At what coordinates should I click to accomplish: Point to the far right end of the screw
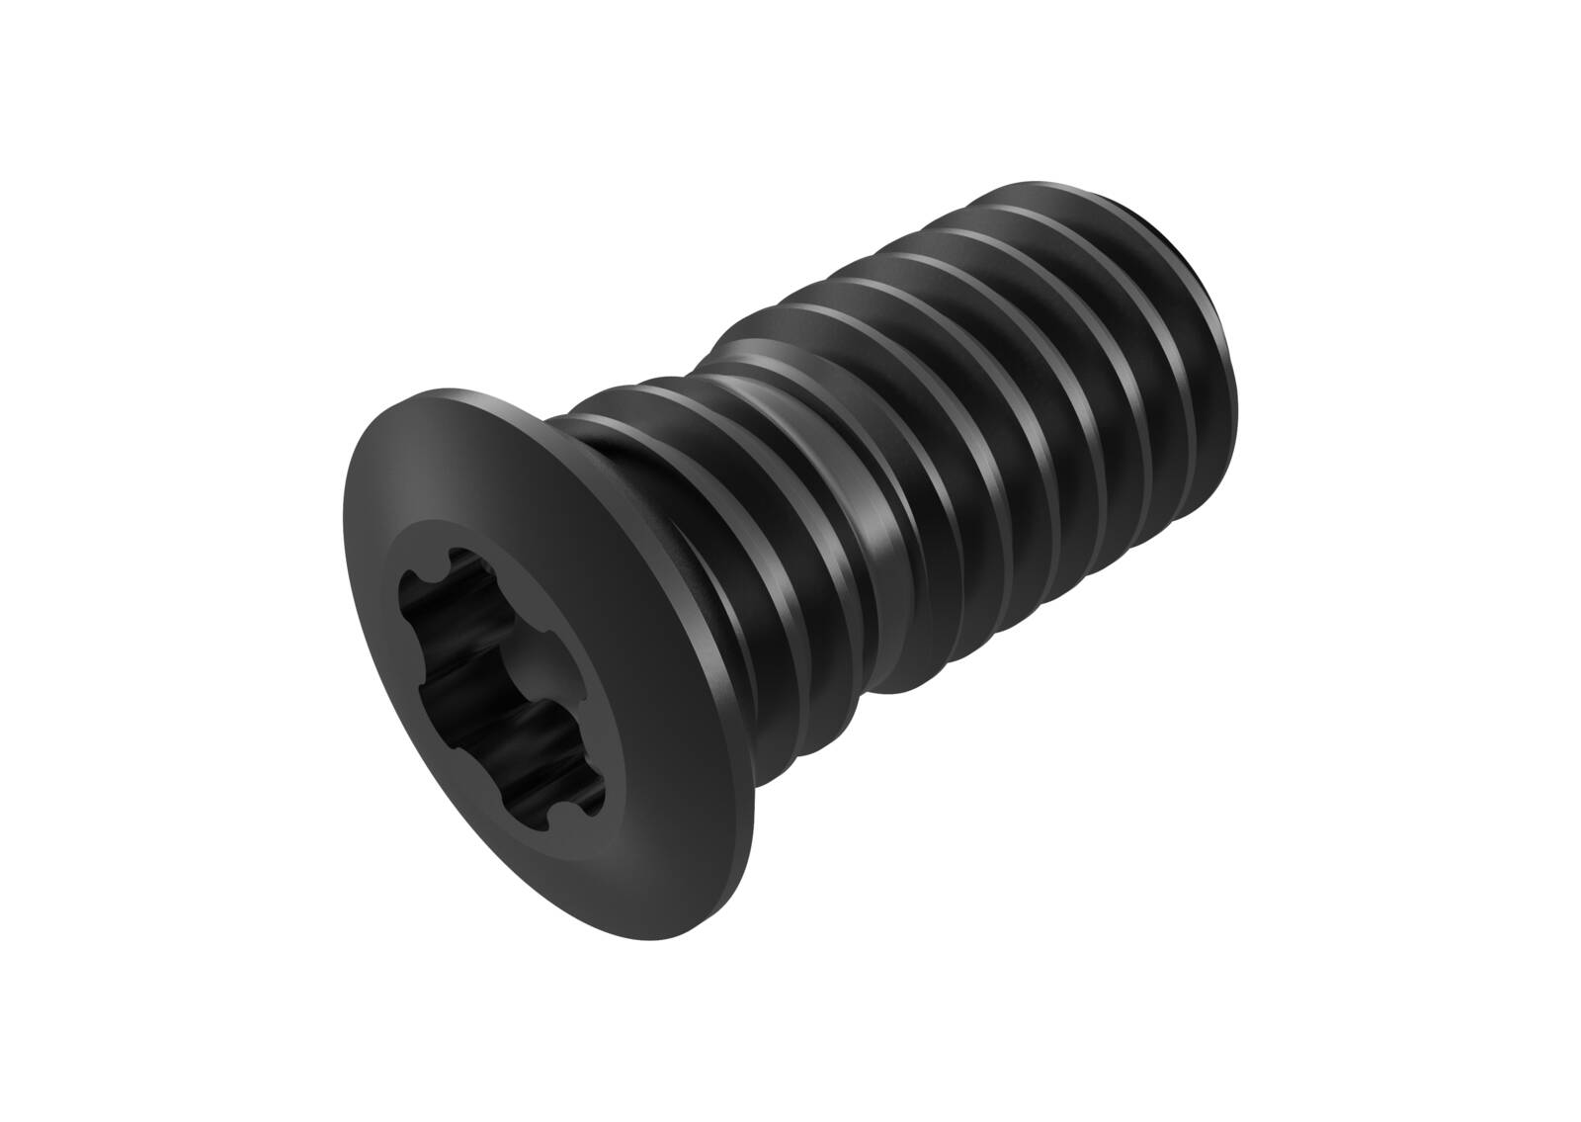tap(1238, 356)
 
